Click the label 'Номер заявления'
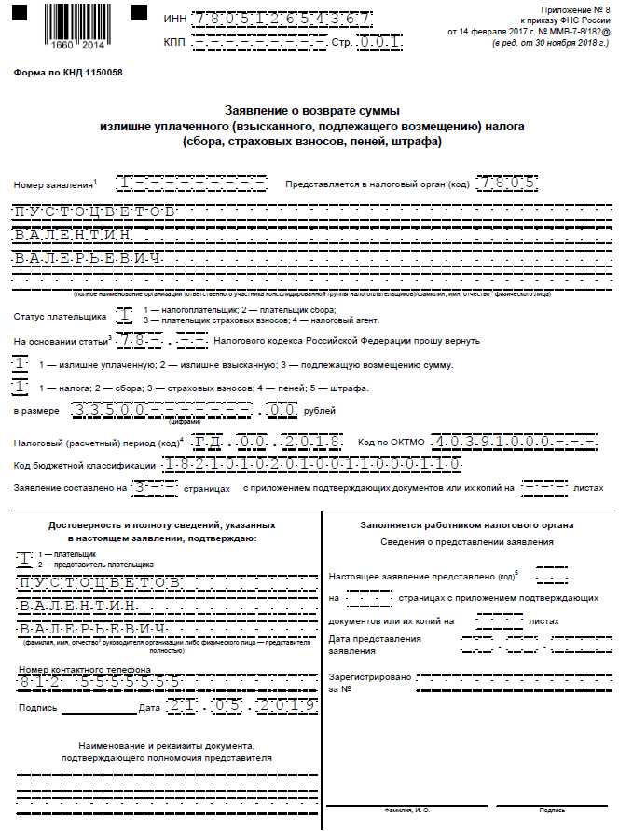click(x=53, y=186)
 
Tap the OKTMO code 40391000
click(x=506, y=441)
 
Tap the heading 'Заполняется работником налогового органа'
click(x=467, y=525)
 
